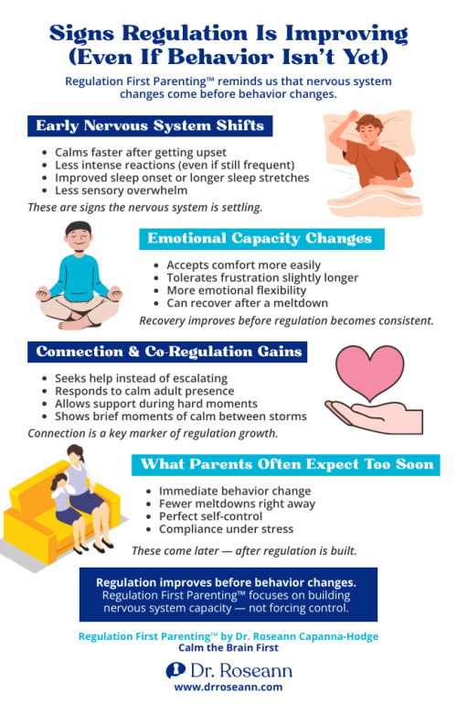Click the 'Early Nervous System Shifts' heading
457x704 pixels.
coord(149,125)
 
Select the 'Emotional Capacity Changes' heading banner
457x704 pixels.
coord(261,239)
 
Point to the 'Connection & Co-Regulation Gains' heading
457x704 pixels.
coord(168,352)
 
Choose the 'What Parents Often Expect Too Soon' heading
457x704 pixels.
coord(288,465)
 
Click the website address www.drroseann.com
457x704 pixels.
coord(228,687)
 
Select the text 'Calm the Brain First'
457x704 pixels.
coord(228,647)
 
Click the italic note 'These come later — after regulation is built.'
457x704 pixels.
coord(244,550)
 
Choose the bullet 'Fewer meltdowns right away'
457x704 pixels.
coord(237,504)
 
